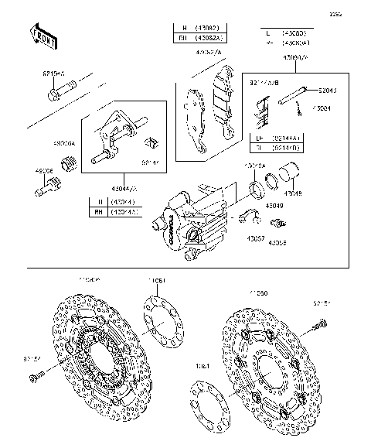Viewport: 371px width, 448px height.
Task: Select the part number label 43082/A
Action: [x=207, y=53]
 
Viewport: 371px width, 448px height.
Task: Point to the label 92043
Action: [x=328, y=91]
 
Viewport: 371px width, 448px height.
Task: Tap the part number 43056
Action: [x=278, y=242]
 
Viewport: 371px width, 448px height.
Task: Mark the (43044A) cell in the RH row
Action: [x=124, y=211]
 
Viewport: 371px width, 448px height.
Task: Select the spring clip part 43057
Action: [x=249, y=215]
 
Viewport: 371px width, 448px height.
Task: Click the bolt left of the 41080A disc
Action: [x=33, y=378]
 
